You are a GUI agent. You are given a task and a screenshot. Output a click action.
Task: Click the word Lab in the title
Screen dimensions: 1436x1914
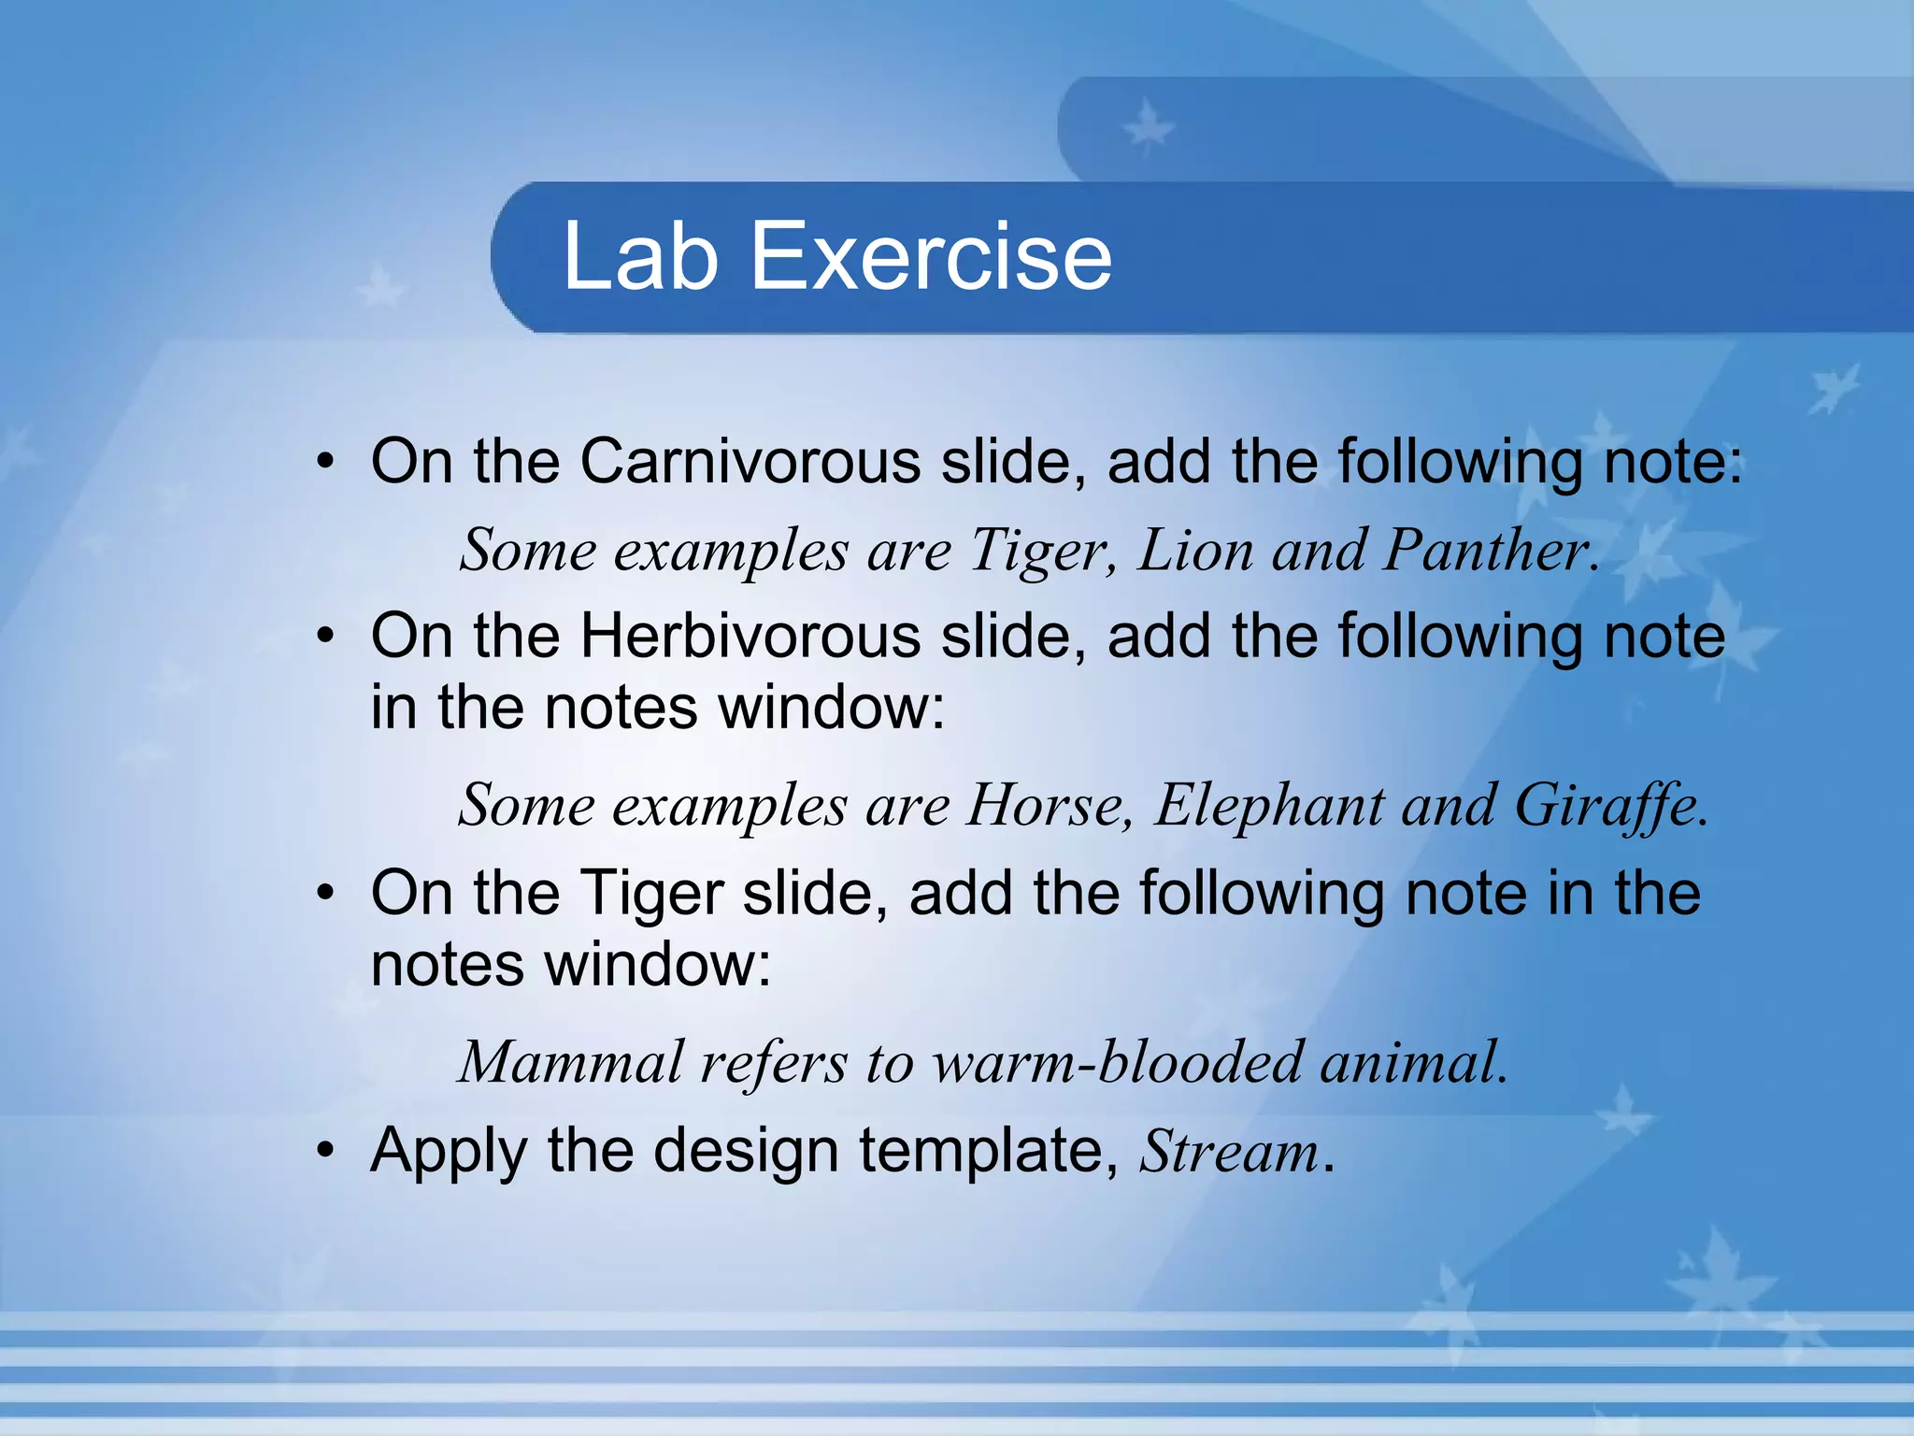click(x=639, y=256)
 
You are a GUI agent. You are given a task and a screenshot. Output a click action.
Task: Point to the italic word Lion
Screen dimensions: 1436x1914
click(x=1195, y=550)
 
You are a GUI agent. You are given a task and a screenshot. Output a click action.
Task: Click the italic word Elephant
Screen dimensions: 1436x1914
click(x=1268, y=805)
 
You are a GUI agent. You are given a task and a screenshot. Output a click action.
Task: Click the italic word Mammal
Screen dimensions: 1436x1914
click(x=571, y=1062)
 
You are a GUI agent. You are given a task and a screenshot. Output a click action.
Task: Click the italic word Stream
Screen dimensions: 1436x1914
click(x=1228, y=1151)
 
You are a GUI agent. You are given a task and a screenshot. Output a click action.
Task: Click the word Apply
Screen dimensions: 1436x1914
click(x=449, y=1153)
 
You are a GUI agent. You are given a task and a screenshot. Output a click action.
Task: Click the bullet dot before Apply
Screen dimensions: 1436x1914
click(x=324, y=1152)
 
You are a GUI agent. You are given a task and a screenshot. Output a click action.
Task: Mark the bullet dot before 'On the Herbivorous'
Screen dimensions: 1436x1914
click(x=324, y=638)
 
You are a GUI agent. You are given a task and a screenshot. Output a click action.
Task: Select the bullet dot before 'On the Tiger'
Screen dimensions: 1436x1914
click(x=324, y=894)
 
